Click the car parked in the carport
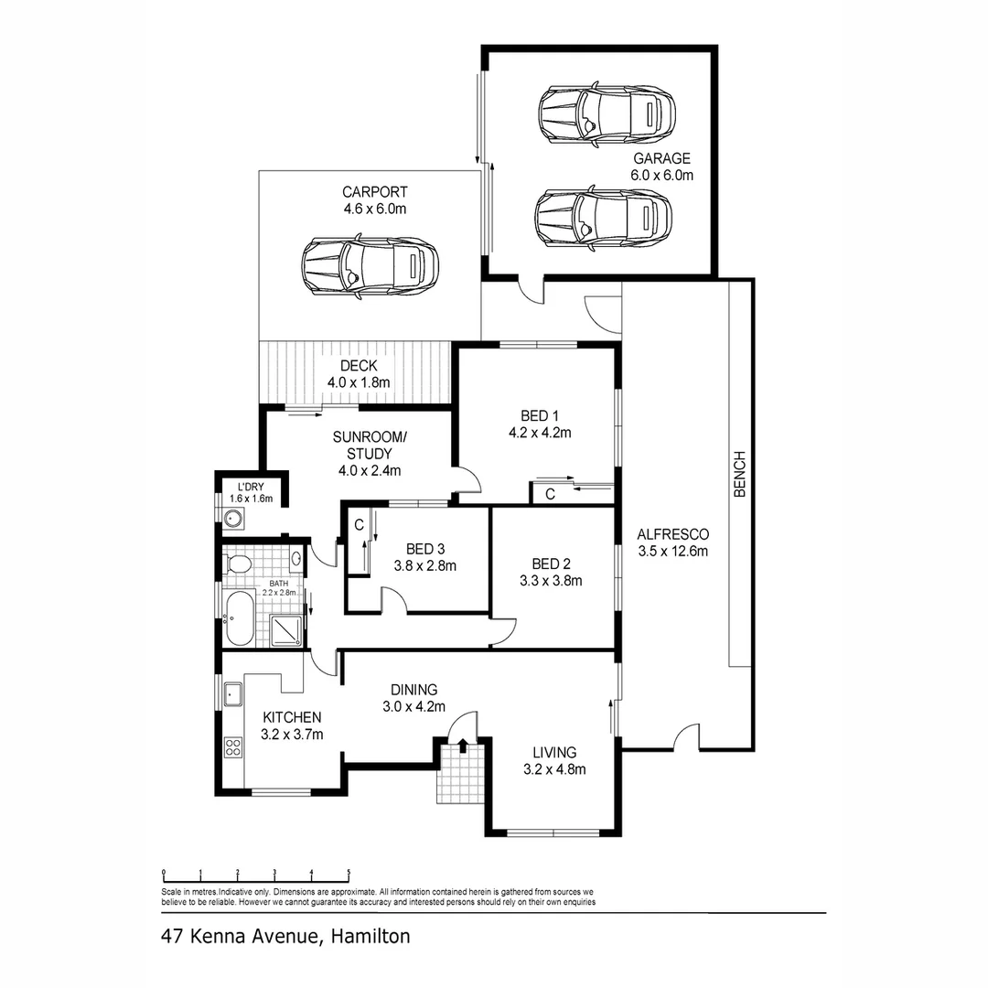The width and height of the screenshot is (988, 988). tap(370, 266)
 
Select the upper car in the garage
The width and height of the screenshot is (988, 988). tap(607, 115)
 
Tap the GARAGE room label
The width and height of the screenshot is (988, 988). tap(660, 158)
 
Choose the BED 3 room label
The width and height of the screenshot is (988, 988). tap(425, 549)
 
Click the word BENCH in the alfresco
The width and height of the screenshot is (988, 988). tap(740, 474)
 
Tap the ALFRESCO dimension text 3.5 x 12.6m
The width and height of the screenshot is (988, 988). tap(673, 552)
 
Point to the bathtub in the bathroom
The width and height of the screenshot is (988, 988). tap(240, 618)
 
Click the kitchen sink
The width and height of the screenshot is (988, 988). tap(232, 695)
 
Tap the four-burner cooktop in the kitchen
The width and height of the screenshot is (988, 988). tap(232, 748)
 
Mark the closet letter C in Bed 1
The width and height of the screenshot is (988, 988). tap(550, 495)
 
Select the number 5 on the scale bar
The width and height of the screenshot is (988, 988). tap(349, 872)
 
